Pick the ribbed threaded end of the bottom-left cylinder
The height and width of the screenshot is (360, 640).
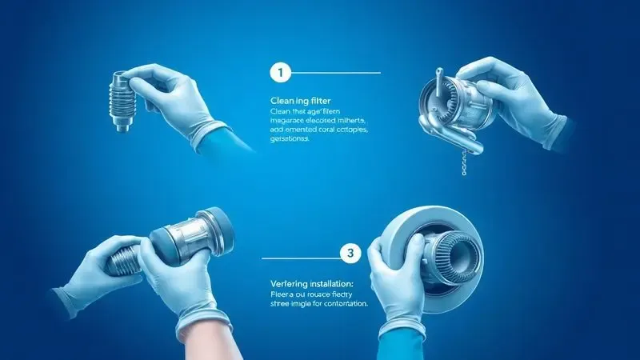[x=120, y=260]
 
